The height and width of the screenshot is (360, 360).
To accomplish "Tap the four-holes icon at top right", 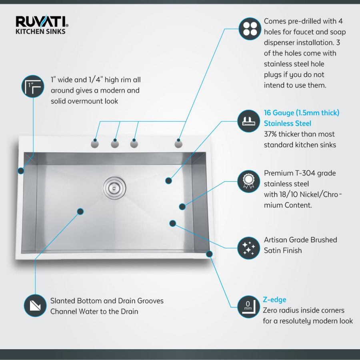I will tap(250, 29).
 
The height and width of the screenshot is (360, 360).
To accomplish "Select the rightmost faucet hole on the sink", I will tap(178, 143).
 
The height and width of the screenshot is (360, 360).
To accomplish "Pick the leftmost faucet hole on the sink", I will tap(95, 143).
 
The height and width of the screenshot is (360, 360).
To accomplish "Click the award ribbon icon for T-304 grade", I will tap(250, 181).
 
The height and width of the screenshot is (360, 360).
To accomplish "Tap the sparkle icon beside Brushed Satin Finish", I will tap(250, 248).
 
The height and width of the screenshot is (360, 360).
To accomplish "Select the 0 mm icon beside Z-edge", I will tap(250, 307).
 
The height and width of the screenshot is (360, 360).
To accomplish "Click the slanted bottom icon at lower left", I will tap(35, 306).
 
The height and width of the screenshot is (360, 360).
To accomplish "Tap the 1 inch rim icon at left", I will tap(32, 86).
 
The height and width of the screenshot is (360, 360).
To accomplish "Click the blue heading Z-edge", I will tap(274, 300).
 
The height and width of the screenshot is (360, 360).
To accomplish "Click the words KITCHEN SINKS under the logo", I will tap(40, 31).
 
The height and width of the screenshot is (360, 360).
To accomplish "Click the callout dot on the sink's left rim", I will tap(21, 171).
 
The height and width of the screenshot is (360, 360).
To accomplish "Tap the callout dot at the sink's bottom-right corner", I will tap(209, 254).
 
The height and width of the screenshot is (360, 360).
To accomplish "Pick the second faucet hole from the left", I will tap(115, 143).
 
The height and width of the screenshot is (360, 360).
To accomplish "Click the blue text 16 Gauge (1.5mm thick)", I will tap(302, 113).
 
